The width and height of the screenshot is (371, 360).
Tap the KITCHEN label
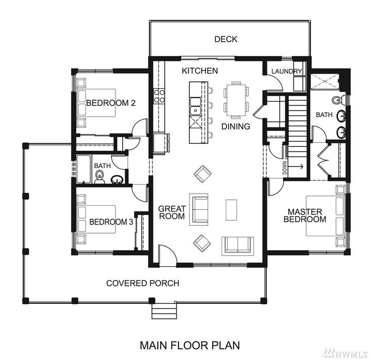(199, 71)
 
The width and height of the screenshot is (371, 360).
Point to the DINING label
(235, 126)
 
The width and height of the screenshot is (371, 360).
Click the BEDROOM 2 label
(110, 103)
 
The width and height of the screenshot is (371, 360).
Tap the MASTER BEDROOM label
(305, 215)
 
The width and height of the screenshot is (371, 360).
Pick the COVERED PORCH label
(143, 283)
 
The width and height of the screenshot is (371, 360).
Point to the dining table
(236, 99)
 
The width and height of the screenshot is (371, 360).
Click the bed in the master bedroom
(325, 216)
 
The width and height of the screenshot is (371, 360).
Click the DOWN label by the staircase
(284, 169)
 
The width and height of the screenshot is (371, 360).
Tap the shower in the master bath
(324, 81)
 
